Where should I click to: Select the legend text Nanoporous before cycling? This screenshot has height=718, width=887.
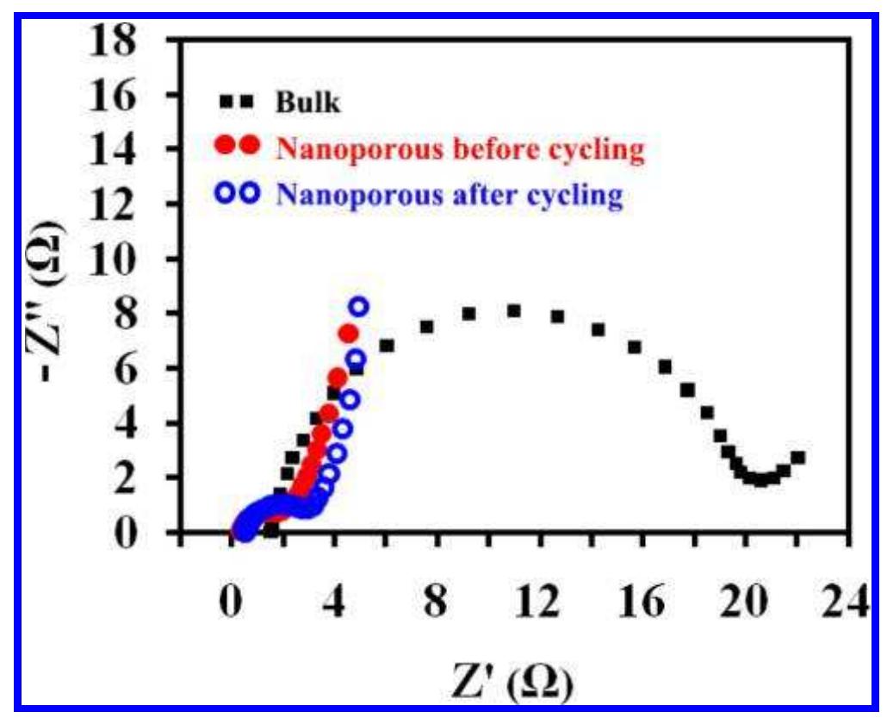pyautogui.click(x=460, y=149)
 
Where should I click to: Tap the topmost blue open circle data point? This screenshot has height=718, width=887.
pyautogui.click(x=359, y=307)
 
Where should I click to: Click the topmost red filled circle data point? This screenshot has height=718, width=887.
pyautogui.click(x=349, y=334)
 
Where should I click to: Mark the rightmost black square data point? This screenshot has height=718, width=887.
pyautogui.click(x=797, y=458)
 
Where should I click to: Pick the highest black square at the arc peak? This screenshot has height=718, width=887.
pyautogui.click(x=513, y=310)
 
